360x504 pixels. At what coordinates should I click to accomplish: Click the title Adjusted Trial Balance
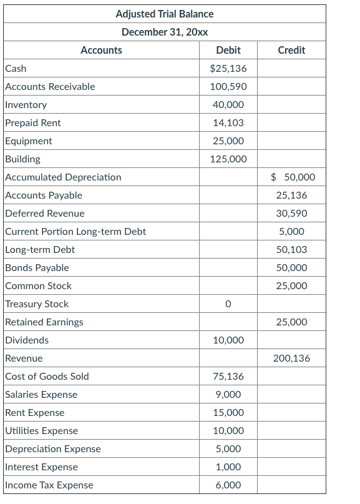[x=164, y=14]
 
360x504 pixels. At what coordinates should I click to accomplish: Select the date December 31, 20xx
[x=164, y=32]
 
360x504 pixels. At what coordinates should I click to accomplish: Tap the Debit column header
[x=228, y=50]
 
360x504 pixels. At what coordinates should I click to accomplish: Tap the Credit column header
[x=291, y=50]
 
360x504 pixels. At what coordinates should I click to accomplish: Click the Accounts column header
[x=101, y=50]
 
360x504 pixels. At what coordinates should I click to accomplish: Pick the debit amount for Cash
[x=228, y=68]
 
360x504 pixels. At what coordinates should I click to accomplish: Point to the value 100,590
[x=228, y=86]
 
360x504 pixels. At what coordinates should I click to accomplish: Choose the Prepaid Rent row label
[x=33, y=123]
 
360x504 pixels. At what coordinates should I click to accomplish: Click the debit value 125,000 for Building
[x=228, y=159]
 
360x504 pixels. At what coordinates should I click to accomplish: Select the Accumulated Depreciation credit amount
[x=293, y=177]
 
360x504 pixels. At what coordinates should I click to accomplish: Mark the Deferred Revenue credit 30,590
[x=291, y=214]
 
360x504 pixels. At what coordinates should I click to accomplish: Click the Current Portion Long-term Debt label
[x=75, y=232]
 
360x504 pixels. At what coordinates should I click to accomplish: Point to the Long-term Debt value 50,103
[x=291, y=250]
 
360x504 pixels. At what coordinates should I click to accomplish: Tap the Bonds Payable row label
[x=37, y=268]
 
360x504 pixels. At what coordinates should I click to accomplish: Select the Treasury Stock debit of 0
[x=228, y=304]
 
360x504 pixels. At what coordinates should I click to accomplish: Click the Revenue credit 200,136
[x=291, y=358]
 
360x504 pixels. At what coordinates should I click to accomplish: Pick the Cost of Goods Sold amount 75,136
[x=228, y=377]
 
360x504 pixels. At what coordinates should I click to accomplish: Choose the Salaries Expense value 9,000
[x=228, y=395]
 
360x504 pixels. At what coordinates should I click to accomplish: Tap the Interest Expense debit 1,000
[x=228, y=467]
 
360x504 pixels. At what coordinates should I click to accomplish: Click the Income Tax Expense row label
[x=49, y=485]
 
